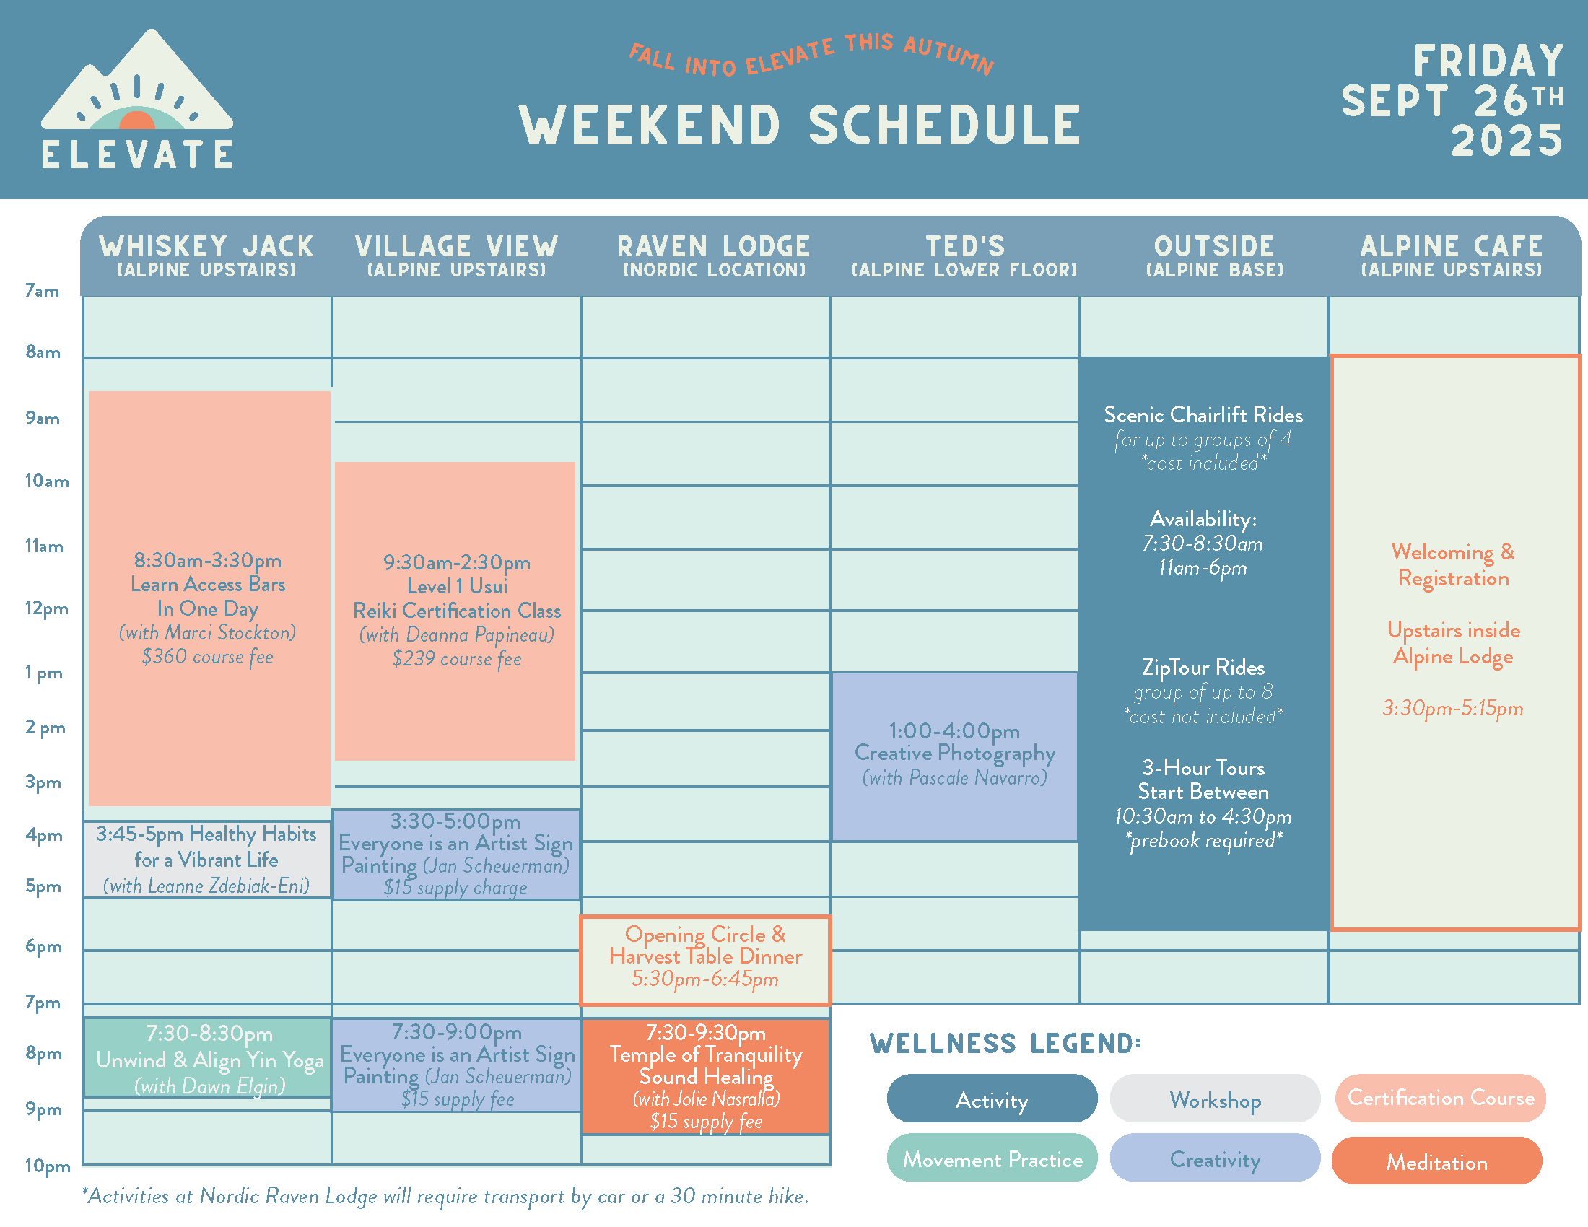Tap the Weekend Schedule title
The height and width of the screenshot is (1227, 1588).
coord(800,125)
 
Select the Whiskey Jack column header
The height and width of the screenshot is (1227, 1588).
coord(206,255)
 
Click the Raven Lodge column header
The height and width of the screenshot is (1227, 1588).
coord(713,255)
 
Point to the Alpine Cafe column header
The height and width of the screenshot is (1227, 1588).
coord(1452,255)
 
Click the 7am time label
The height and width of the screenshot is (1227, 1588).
coord(42,291)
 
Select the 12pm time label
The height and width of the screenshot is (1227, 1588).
coord(46,608)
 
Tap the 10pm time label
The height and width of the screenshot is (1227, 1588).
coord(47,1165)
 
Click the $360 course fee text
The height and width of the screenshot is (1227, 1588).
coord(207,657)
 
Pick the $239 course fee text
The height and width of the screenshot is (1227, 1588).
coord(457,659)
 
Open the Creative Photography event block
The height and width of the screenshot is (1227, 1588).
coord(955,756)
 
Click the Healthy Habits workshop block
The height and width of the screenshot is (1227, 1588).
coord(207,859)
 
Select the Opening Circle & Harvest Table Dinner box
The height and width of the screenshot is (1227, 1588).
coord(705,960)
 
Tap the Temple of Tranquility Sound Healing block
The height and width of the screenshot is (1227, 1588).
coord(705,1077)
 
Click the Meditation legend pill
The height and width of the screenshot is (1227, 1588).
coord(1436,1161)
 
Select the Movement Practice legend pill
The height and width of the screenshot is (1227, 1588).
coord(992,1158)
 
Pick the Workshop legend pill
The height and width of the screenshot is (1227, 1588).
coord(1215,1099)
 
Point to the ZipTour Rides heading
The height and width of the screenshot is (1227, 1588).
coord(1203,668)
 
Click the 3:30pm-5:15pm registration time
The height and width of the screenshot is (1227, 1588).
coord(1453,708)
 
